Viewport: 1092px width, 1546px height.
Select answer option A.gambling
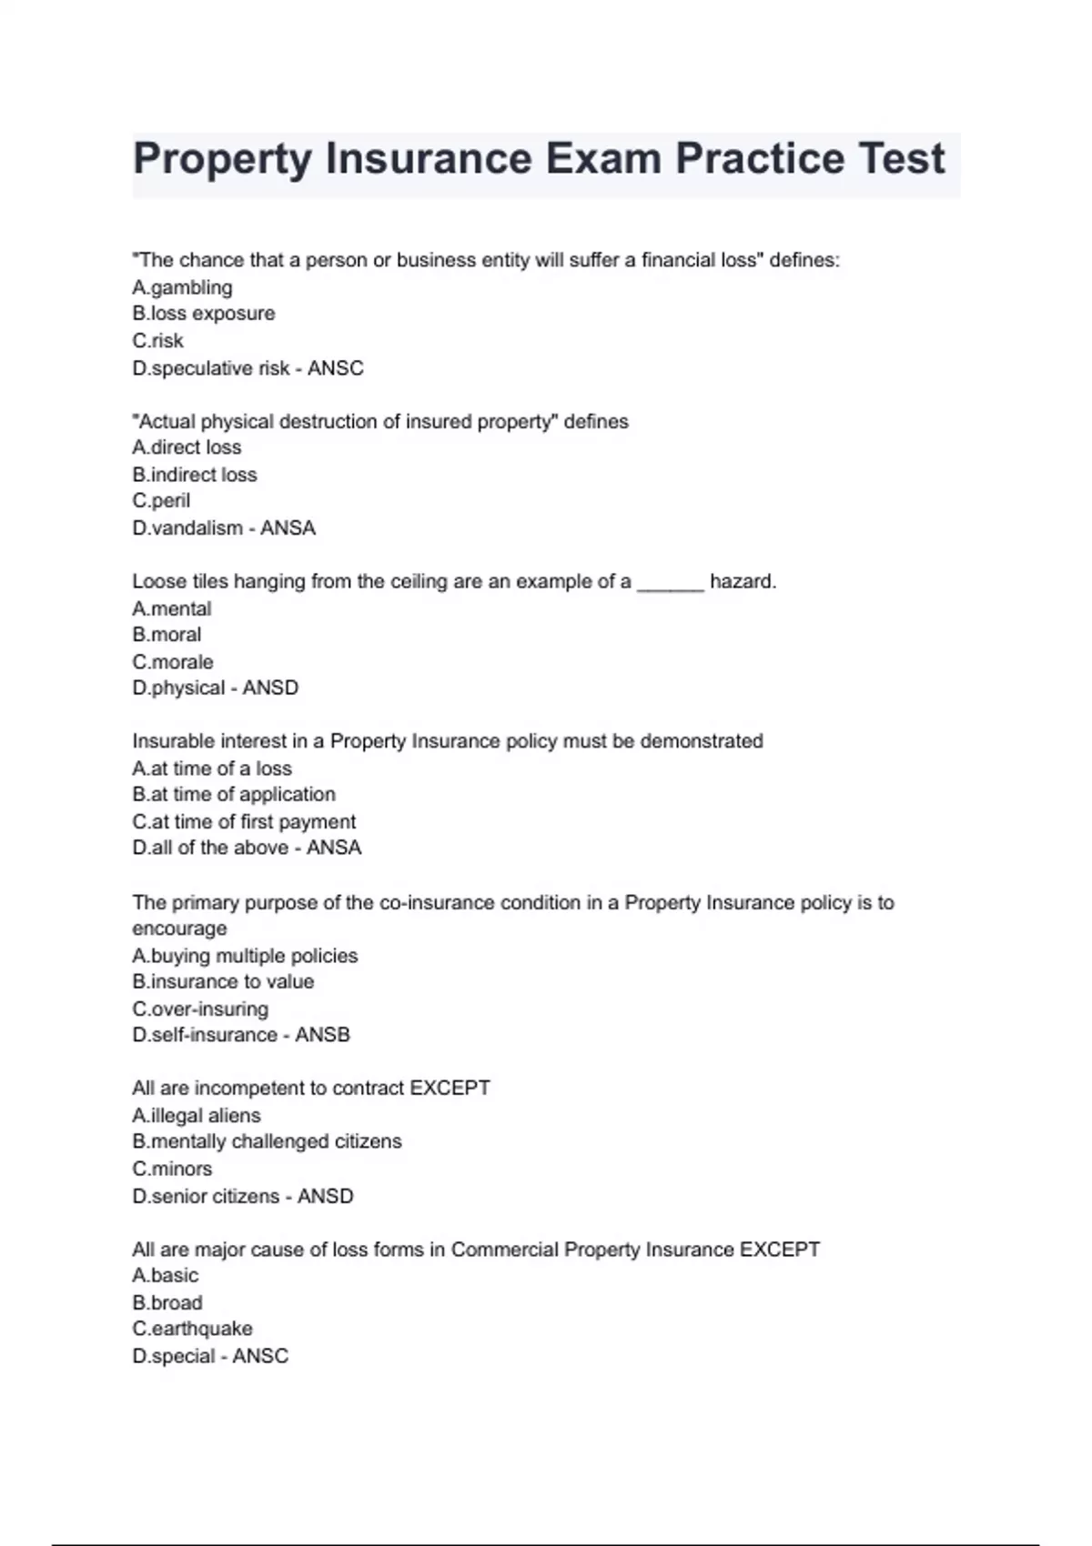182,287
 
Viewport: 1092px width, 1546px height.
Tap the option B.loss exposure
203,314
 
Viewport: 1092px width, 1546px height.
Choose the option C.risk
157,341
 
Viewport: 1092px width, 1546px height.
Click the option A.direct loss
187,447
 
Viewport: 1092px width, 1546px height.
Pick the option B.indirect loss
194,475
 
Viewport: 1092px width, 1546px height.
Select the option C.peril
161,501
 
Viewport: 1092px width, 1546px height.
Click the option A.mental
171,608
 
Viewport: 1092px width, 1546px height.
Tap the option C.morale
173,662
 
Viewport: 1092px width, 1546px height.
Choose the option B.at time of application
234,795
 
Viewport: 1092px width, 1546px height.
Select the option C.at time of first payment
244,822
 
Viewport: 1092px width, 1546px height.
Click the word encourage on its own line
179,929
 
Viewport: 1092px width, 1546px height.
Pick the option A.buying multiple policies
245,956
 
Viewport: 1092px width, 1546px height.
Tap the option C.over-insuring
200,1009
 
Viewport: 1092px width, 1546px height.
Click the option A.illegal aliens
196,1116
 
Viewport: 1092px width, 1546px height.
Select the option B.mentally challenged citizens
267,1142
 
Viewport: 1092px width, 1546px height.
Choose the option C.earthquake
192,1329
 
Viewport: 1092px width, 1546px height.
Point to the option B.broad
167,1302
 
